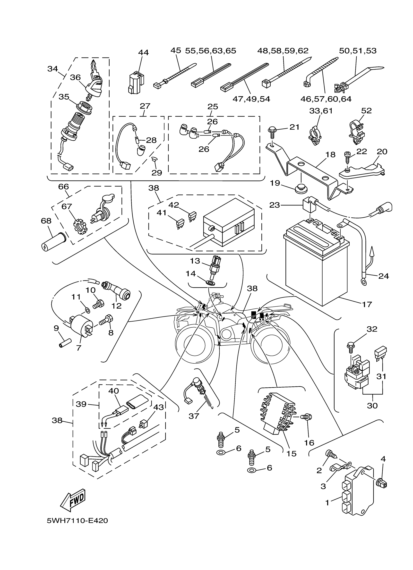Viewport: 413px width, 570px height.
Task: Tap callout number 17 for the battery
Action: [367, 304]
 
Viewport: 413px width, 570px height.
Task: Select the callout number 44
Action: [144, 52]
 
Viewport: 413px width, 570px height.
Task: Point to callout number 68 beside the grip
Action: [46, 221]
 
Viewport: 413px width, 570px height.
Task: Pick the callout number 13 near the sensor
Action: [195, 261]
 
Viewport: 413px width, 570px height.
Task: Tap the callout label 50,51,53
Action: [357, 51]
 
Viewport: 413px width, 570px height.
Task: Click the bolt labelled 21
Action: [272, 131]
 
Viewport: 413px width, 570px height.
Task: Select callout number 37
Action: [194, 416]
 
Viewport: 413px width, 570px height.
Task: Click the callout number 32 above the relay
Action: [372, 329]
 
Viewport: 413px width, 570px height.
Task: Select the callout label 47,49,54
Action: [251, 99]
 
